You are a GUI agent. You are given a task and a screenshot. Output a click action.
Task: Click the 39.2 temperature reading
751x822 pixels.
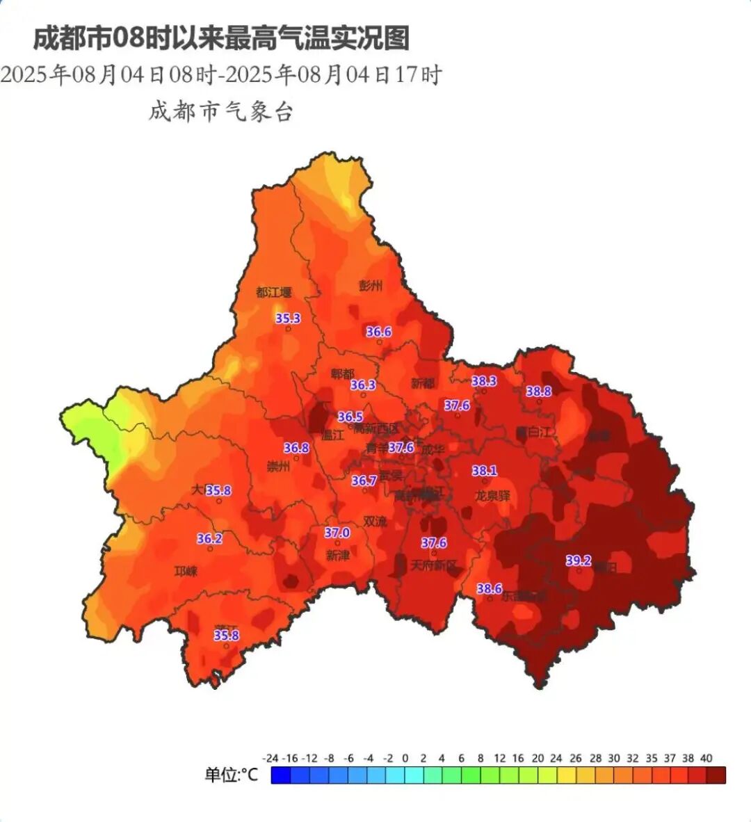click(578, 561)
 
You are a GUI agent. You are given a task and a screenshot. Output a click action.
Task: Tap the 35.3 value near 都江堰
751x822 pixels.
click(288, 319)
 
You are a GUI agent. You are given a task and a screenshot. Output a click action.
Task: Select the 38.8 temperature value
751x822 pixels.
click(538, 392)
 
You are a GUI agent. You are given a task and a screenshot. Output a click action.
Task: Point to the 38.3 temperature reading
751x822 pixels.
click(484, 381)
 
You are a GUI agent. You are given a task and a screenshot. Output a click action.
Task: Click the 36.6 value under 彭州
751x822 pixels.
click(379, 332)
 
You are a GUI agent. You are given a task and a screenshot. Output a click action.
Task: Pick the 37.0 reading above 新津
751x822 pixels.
click(337, 533)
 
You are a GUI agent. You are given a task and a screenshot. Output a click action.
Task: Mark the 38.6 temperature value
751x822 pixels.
click(489, 589)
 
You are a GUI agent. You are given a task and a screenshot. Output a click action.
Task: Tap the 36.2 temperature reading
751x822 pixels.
click(209, 539)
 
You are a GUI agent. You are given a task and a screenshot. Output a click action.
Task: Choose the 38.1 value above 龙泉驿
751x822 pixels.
click(484, 472)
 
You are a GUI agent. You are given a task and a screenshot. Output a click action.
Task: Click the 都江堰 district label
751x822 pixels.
click(273, 293)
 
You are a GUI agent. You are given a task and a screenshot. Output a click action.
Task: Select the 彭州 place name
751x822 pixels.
click(371, 286)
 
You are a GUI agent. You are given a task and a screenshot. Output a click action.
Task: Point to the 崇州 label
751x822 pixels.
click(278, 467)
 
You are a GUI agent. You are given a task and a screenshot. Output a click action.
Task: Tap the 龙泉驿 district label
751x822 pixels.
click(492, 497)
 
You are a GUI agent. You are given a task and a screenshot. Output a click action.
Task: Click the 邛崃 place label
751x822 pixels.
click(186, 572)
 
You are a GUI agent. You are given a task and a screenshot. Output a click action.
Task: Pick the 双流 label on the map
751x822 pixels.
click(375, 521)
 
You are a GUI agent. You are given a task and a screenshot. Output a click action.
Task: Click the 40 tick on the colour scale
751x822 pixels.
click(706, 758)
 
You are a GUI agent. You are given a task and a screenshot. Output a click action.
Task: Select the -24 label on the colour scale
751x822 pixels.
click(270, 758)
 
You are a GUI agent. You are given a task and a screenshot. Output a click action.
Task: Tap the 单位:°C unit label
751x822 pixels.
click(231, 775)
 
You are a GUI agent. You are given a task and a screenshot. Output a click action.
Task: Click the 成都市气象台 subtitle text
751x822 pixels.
click(220, 111)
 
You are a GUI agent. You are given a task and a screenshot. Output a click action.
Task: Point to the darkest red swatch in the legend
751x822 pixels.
click(716, 775)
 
